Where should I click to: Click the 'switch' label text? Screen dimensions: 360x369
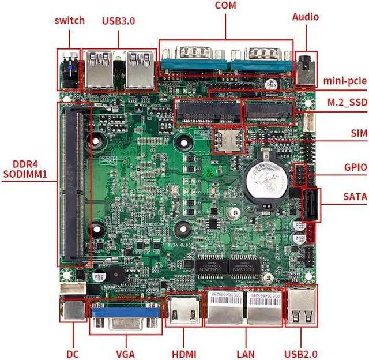click(70, 21)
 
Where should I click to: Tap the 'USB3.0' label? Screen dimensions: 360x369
click(118, 21)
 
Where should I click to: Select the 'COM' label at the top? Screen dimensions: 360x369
click(226, 6)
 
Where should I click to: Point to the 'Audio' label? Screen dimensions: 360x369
click(305, 17)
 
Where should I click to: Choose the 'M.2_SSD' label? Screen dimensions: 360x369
click(347, 102)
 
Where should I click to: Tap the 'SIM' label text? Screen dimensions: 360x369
click(358, 133)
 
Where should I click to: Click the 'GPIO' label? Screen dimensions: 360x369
click(354, 168)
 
